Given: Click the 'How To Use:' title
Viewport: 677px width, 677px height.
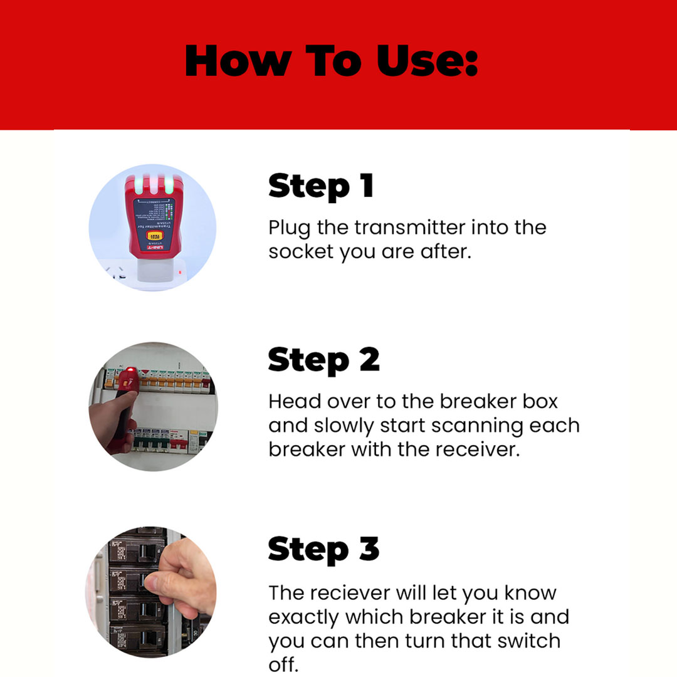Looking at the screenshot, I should [332, 61].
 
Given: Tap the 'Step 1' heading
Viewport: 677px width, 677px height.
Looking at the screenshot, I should [321, 186].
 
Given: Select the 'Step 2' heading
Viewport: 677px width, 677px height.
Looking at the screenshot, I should [323, 360].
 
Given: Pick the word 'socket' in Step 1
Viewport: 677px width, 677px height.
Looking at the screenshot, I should [301, 251].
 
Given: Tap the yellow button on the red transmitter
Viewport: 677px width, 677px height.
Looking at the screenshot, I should [152, 236].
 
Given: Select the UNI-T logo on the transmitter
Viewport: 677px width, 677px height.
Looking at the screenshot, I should [152, 249].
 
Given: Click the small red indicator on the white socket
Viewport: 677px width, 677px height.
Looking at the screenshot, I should [181, 272].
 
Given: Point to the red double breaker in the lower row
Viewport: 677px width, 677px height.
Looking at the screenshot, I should [178, 442].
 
